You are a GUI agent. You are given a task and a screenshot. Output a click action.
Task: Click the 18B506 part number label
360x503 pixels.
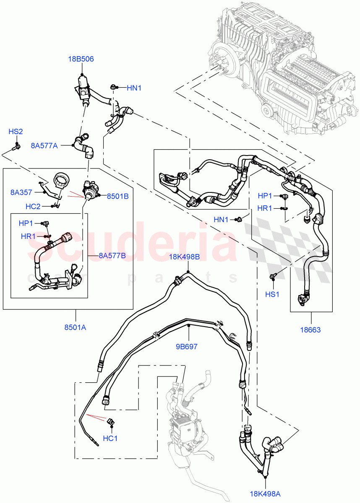(x=81, y=59)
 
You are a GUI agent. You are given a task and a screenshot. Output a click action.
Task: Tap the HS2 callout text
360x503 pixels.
(x=16, y=132)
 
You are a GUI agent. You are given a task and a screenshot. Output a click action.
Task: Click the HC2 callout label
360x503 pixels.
(x=33, y=206)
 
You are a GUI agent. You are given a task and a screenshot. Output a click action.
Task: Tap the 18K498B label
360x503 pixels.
(x=184, y=257)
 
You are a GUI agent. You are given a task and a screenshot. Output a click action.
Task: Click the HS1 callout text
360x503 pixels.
(x=272, y=294)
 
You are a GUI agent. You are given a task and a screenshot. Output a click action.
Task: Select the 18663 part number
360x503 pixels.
(x=311, y=330)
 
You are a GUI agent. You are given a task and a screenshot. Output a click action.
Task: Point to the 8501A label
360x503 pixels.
(x=76, y=327)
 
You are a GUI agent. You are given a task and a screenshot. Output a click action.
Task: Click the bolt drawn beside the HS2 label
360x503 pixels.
(x=17, y=146)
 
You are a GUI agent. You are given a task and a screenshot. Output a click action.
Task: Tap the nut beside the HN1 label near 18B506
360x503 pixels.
(x=113, y=88)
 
